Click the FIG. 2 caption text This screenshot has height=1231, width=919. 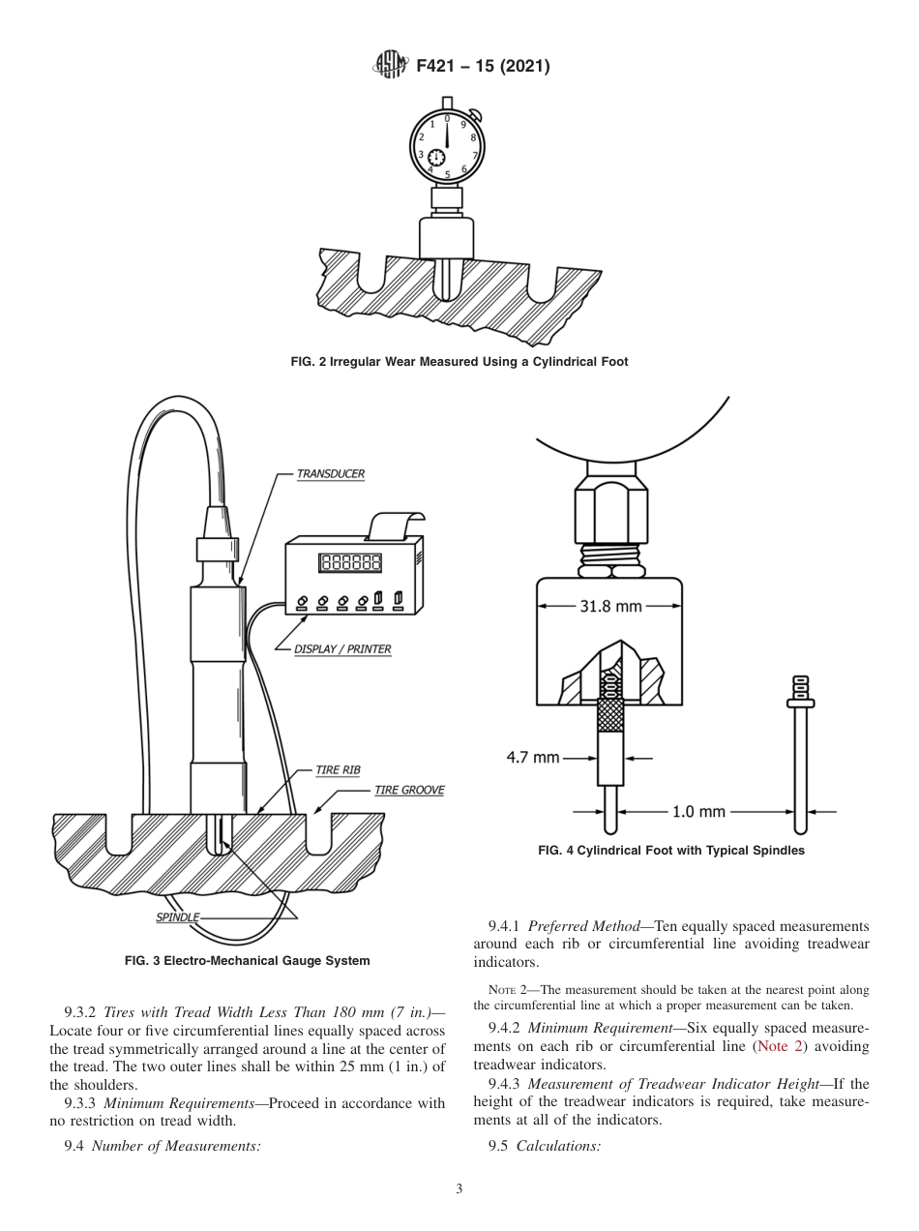click(459, 362)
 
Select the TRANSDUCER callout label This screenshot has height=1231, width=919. click(330, 474)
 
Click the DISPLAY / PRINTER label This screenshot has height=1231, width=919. click(342, 649)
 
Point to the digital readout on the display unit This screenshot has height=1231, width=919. click(350, 562)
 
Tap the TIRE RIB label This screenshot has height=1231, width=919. click(338, 770)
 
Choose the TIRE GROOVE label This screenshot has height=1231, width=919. click(409, 791)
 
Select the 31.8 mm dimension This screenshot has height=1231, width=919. click(610, 607)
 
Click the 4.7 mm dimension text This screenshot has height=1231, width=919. click(532, 757)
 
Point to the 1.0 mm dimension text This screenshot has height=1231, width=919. click(698, 811)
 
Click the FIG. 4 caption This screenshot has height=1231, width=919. click(670, 851)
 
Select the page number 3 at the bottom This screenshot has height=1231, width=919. click(459, 1189)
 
